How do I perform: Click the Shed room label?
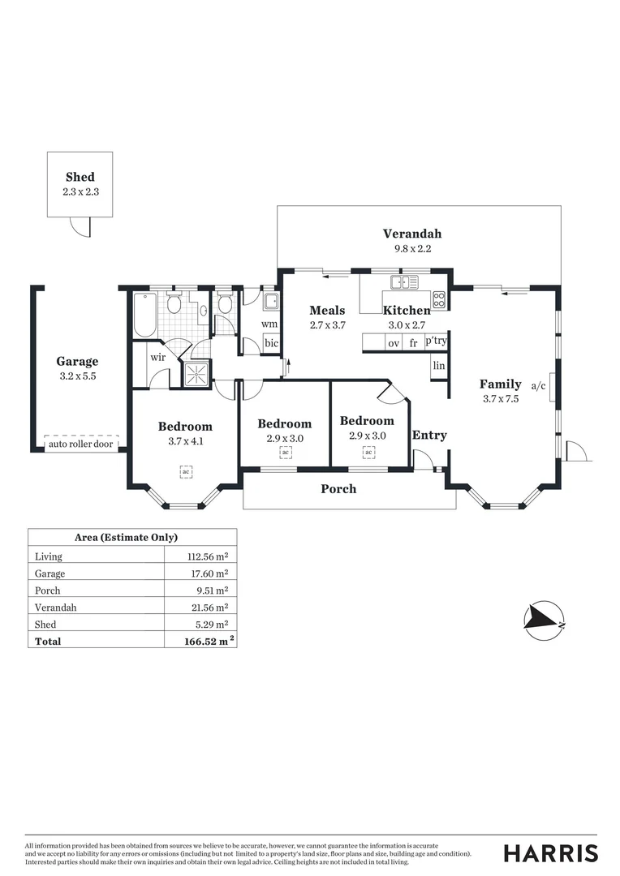click(80, 177)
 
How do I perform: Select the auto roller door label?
click(81, 444)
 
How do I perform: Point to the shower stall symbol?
click(196, 374)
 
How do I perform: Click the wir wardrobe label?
click(157, 357)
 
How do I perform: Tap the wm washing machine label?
click(269, 324)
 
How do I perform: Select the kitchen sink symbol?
click(404, 282)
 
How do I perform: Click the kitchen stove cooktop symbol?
click(439, 299)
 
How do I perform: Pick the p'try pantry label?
click(436, 341)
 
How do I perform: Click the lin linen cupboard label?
click(439, 366)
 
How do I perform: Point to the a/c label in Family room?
click(538, 386)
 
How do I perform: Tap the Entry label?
click(429, 435)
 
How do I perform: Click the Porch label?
click(338, 488)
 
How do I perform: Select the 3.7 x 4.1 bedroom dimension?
click(185, 441)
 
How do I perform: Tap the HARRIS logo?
click(550, 852)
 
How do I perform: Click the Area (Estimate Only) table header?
click(126, 537)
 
